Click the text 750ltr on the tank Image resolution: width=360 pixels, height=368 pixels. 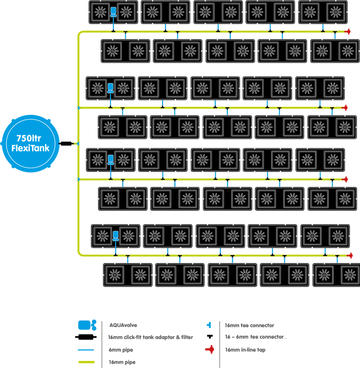31,137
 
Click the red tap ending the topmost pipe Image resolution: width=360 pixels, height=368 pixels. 349,32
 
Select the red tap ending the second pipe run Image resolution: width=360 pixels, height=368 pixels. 345,107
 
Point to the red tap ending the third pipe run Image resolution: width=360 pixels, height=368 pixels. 345,179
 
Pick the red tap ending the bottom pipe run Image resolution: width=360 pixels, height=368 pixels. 350,255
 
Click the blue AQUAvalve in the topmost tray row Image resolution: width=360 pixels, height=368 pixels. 113,12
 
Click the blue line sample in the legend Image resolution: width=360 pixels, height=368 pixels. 86,350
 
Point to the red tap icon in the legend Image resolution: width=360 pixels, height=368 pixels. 210,350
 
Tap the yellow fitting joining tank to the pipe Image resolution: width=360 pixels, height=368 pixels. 75,143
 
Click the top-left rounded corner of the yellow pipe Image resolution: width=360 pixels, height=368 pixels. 80,34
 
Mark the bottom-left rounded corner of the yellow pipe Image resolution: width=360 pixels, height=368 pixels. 80,253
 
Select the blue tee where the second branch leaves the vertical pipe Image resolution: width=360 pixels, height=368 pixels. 79,107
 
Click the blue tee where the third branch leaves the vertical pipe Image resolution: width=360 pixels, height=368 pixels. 79,179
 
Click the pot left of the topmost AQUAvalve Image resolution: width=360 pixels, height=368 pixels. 101,12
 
